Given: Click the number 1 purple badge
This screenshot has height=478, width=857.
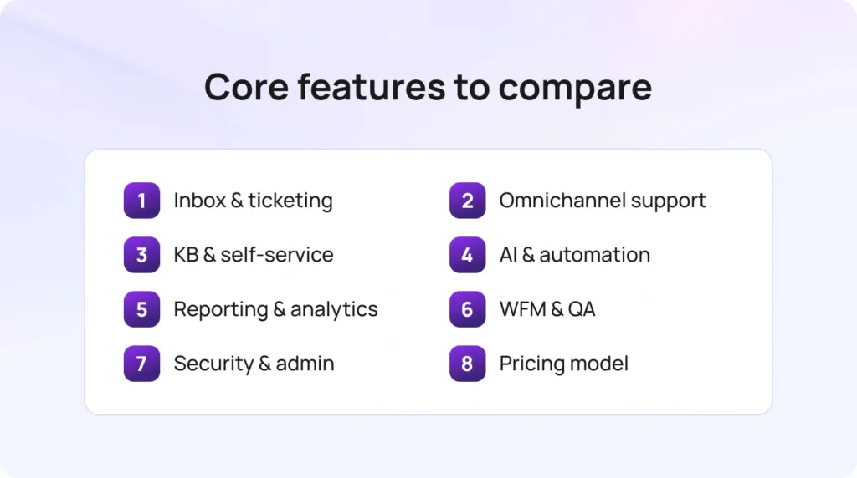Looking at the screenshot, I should [141, 201].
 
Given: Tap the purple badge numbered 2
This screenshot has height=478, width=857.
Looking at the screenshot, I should [467, 201].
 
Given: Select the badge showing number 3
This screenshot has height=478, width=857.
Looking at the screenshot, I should [141, 255].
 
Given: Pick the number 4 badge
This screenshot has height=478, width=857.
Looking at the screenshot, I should [467, 255].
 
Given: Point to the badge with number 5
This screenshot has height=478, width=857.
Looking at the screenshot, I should [141, 309].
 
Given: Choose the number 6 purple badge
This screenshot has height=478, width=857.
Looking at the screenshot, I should [467, 309].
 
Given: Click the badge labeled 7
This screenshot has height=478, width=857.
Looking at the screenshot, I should [141, 364].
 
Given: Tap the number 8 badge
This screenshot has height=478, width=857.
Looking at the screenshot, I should [467, 364].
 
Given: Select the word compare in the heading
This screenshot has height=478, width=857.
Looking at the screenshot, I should [577, 88].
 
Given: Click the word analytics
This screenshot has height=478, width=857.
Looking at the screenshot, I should [335, 309].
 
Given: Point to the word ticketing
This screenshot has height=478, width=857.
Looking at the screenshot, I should [290, 201].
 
